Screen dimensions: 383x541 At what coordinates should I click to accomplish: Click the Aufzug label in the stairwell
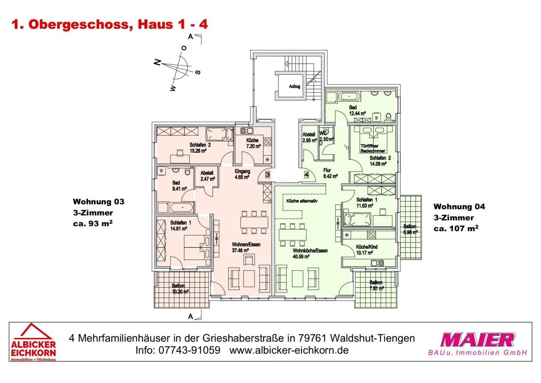pyautogui.click(x=294, y=86)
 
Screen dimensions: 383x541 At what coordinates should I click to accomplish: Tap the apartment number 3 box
pyautogui.click(x=267, y=174)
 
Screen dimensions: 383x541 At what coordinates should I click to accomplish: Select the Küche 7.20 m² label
pyautogui.click(x=253, y=143)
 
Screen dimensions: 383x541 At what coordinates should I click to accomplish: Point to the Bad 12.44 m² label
pyautogui.click(x=357, y=110)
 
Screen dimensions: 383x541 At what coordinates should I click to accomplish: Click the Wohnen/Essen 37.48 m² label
pyautogui.click(x=246, y=247)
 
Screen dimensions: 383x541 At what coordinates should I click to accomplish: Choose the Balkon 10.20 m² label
pyautogui.click(x=180, y=288)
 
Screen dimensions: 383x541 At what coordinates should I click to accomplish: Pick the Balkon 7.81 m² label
pyautogui.click(x=376, y=285)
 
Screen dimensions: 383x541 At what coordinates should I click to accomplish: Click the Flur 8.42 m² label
pyautogui.click(x=329, y=173)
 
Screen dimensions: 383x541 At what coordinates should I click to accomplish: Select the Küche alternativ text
pyautogui.click(x=302, y=201)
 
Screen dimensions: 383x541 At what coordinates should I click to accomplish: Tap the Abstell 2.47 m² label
pyautogui.click(x=207, y=176)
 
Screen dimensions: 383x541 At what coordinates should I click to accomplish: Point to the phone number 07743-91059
pyautogui.click(x=190, y=350)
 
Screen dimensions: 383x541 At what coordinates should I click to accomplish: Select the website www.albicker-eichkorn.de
pyautogui.click(x=289, y=350)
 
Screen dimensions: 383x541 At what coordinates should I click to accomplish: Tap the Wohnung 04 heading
pyautogui.click(x=459, y=207)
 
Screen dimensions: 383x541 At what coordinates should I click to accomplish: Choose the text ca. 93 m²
pyautogui.click(x=93, y=224)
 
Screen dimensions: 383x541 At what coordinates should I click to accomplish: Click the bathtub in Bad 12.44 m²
pyautogui.click(x=349, y=97)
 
